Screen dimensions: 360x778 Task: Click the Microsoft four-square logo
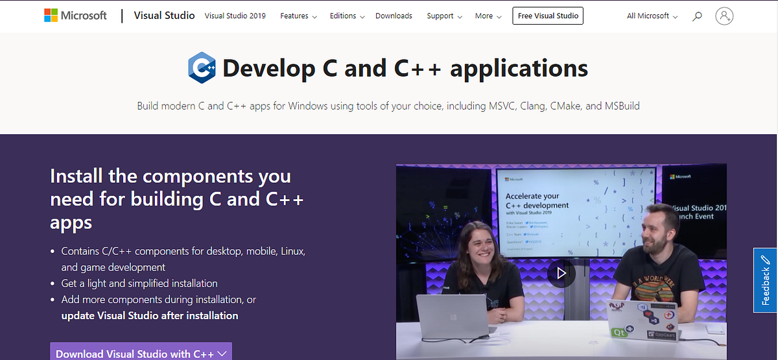click(51, 16)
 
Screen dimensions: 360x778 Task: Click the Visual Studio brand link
click(164, 16)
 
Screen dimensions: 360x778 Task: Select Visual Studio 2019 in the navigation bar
click(235, 16)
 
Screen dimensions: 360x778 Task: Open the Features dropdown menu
click(298, 16)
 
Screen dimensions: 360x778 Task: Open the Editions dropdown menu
click(347, 16)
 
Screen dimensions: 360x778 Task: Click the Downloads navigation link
click(394, 16)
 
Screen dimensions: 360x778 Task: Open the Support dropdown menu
click(444, 16)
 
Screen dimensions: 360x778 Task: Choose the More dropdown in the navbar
click(488, 16)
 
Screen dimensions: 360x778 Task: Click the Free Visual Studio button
click(547, 16)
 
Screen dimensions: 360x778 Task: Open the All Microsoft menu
click(652, 16)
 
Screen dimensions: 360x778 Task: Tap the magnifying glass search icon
click(697, 16)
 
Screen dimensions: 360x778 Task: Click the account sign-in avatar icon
click(724, 16)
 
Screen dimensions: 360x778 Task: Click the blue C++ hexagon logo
click(202, 68)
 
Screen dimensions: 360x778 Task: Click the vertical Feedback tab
click(765, 280)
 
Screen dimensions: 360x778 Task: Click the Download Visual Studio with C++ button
click(141, 353)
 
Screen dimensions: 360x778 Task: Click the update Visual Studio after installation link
click(150, 316)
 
